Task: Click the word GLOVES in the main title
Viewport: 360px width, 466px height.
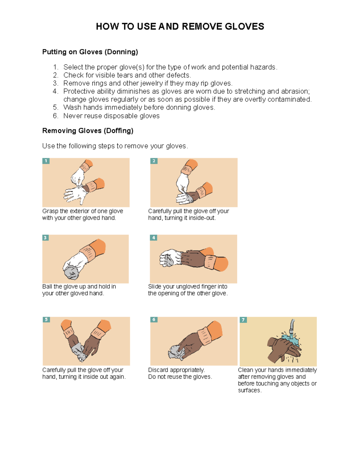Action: point(244,27)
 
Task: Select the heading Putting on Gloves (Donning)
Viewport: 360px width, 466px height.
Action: point(90,52)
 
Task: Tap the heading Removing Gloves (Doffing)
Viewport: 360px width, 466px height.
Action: point(88,131)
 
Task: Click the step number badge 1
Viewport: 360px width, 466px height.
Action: point(46,161)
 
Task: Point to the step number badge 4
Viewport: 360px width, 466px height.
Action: point(154,238)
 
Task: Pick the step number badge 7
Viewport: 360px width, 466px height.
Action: point(243,320)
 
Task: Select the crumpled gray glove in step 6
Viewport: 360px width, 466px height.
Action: point(177,352)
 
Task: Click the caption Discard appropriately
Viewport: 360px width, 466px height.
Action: point(176,370)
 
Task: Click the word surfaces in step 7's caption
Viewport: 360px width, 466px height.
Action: point(249,390)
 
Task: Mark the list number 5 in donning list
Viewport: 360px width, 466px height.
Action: point(55,108)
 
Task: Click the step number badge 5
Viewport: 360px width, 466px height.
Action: point(46,320)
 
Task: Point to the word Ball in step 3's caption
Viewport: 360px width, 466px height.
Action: point(47,287)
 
